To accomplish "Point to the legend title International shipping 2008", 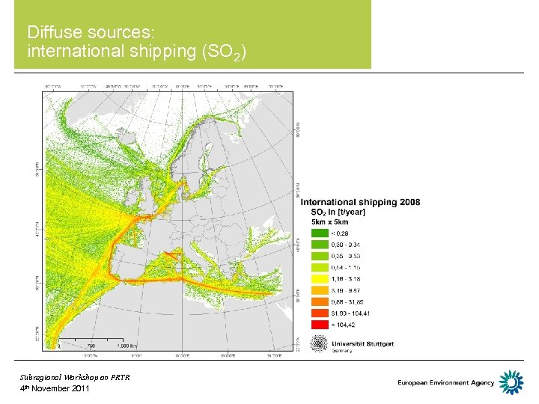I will click(x=360, y=202).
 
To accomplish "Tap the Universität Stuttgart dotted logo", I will click(x=319, y=344).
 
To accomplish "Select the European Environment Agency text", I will click(x=446, y=383).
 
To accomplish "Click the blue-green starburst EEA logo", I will click(x=511, y=382).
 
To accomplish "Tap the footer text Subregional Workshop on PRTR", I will click(x=75, y=377).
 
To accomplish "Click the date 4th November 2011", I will click(x=55, y=389).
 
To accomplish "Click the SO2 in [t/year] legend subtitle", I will click(x=338, y=212).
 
